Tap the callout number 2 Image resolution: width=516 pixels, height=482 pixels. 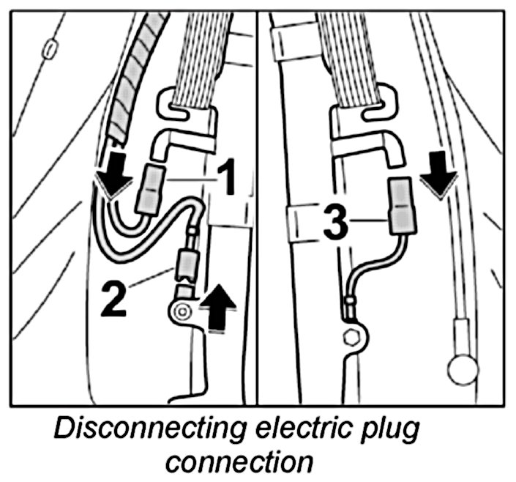click(x=115, y=299)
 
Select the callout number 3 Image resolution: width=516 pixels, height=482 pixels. click(x=334, y=224)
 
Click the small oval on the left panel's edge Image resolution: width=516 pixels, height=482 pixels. click(x=50, y=48)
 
